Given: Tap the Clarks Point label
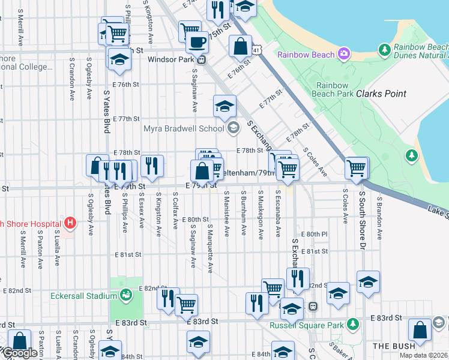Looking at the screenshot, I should tap(381, 94).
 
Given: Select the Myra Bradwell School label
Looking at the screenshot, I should tap(183, 128).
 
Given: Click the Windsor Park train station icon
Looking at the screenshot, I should tap(202, 59).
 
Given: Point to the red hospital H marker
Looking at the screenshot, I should tap(70, 224).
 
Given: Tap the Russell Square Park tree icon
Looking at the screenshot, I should tap(354, 325).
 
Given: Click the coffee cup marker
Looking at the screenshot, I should tap(196, 43).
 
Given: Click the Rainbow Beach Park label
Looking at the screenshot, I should tap(333, 89).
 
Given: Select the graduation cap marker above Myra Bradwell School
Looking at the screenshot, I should tap(224, 107).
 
